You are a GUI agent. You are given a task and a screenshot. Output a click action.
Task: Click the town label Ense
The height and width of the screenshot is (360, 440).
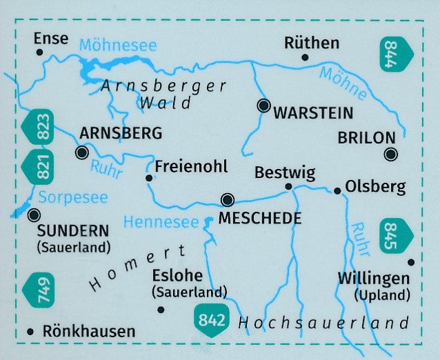click(51, 38)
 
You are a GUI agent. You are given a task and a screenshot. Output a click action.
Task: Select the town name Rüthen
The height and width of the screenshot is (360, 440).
click(312, 43)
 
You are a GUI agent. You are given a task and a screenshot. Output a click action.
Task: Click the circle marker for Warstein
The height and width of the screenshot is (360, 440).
click(263, 106)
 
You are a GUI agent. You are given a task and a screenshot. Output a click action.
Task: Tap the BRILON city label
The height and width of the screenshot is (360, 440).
click(366, 137)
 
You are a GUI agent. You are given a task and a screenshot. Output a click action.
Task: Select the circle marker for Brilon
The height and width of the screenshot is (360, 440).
click(391, 154)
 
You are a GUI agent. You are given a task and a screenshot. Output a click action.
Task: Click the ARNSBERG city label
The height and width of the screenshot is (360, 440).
click(121, 132)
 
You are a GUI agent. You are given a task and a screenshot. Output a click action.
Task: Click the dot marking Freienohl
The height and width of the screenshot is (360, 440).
click(148, 178)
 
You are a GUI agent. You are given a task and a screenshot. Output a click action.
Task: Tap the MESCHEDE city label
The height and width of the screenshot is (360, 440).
click(259, 219)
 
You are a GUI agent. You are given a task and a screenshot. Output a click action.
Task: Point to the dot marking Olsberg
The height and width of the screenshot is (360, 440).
click(337, 190)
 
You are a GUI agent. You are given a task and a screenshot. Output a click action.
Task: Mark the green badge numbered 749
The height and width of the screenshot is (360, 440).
click(37, 292)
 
